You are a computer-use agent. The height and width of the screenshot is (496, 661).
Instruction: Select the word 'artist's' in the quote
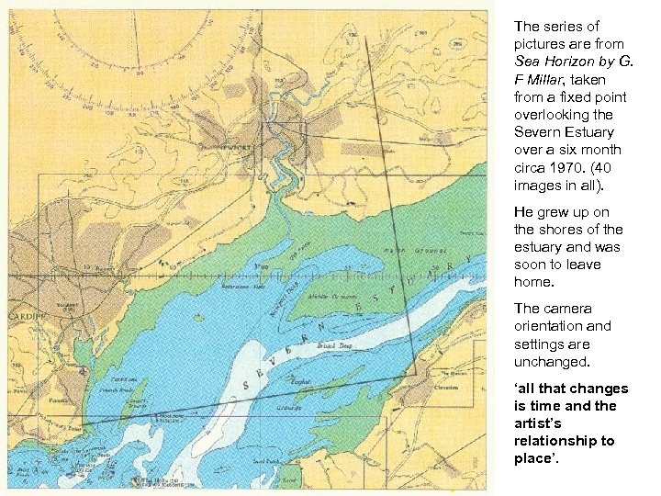point(539,423)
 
